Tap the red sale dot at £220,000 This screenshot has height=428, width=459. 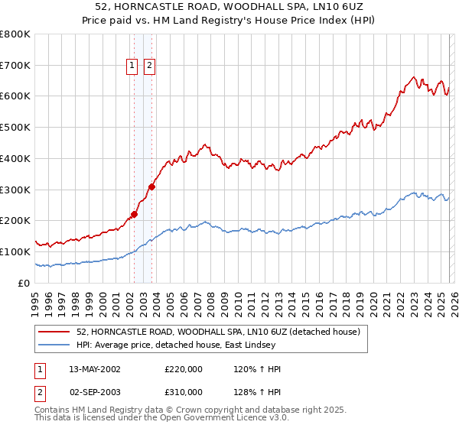coord(134,215)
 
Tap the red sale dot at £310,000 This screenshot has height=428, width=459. coord(152,186)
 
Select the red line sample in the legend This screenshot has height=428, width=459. coord(54,332)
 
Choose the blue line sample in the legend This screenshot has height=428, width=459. coord(54,345)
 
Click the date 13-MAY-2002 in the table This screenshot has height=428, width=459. coord(95,369)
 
